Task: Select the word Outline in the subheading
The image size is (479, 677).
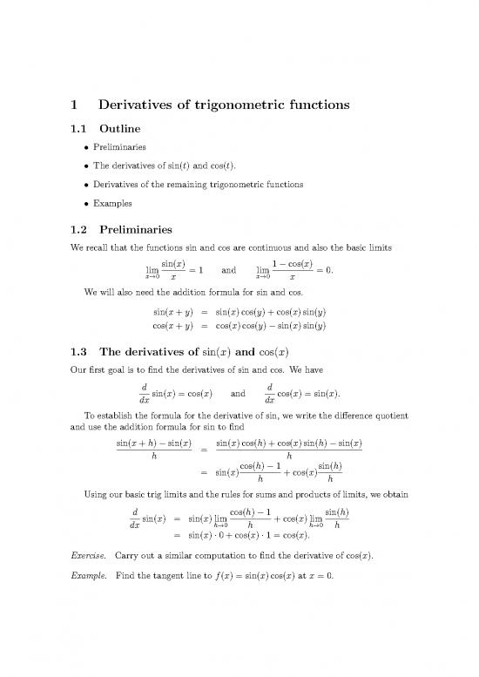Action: [x=122, y=130]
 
